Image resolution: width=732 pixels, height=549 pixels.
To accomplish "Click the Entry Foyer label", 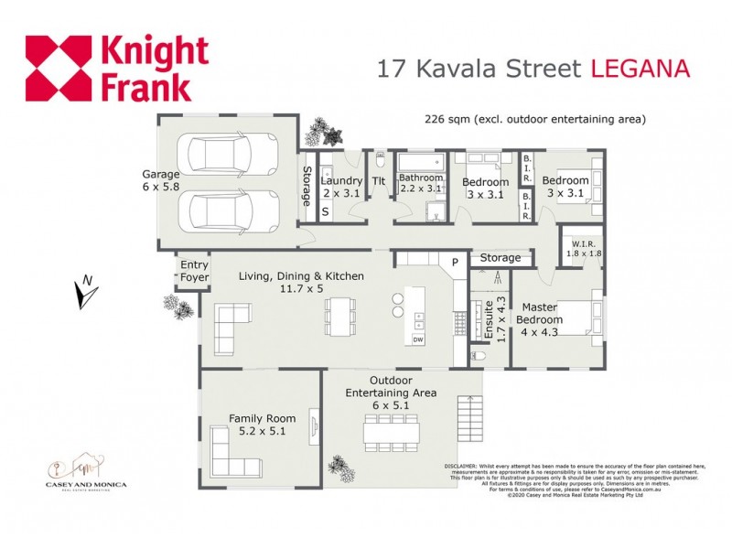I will (x=193, y=271).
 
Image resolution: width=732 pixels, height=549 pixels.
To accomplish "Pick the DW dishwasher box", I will (x=418, y=340).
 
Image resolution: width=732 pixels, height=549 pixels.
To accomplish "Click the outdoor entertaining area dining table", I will (x=391, y=430).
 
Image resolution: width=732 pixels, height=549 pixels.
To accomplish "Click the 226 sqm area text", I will (x=535, y=119).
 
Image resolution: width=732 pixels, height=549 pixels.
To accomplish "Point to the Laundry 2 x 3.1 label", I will (x=342, y=187).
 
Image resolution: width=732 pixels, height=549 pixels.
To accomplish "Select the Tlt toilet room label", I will (x=379, y=181).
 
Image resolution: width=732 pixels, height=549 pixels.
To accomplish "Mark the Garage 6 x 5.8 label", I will (x=161, y=180).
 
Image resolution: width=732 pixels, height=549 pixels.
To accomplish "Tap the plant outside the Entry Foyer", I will (x=174, y=303).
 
